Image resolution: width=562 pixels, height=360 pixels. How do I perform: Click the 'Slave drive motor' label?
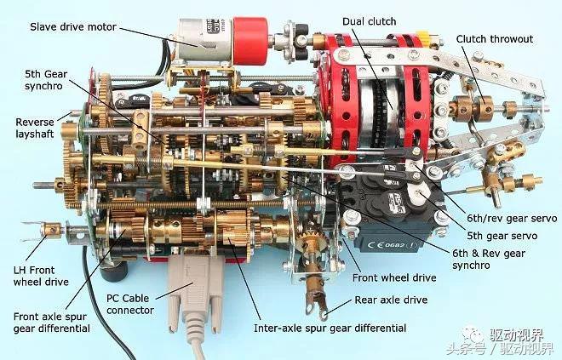(x=73, y=27)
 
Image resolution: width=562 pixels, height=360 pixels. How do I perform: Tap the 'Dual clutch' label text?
(x=370, y=21)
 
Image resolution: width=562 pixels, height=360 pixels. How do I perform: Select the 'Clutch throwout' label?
(x=495, y=39)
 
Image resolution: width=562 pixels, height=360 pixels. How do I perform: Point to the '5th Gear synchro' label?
(x=46, y=80)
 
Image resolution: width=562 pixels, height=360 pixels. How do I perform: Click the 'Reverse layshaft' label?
(x=34, y=128)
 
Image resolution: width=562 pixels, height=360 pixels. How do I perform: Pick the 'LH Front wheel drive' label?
(x=41, y=276)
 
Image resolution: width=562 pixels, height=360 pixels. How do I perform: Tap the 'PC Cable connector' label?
(x=129, y=304)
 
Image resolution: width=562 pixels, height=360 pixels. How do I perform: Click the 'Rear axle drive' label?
(x=391, y=300)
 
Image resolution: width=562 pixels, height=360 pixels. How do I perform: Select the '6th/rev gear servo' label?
(x=512, y=218)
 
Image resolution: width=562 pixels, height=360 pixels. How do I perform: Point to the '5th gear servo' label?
(x=502, y=236)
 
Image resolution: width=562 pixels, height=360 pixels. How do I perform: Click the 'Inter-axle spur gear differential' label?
(x=330, y=329)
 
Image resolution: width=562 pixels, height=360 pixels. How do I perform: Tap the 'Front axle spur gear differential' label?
(x=51, y=323)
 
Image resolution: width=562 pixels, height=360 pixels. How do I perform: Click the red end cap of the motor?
(x=250, y=41)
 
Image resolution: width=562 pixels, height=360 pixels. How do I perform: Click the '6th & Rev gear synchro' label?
(x=489, y=260)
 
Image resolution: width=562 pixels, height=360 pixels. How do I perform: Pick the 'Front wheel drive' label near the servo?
(x=394, y=277)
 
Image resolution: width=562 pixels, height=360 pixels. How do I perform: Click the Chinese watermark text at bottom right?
(x=501, y=342)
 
